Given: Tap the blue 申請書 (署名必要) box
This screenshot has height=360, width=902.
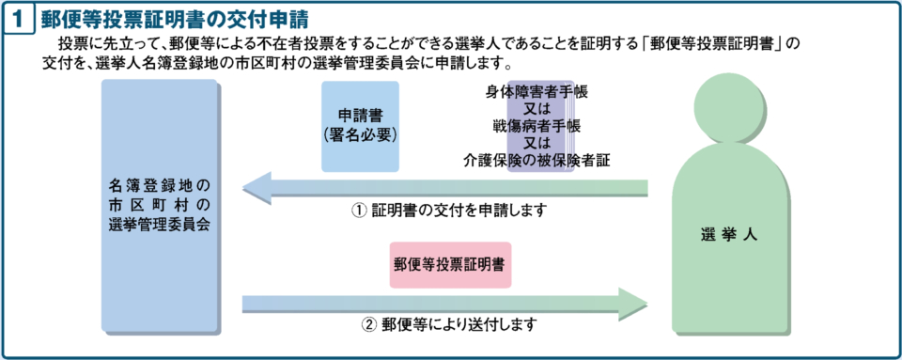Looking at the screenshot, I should (360, 125).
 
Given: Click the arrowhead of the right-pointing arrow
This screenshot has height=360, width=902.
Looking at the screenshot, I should (634, 303).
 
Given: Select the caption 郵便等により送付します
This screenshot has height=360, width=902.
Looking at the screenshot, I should (458, 325).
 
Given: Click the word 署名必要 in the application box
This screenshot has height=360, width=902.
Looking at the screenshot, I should (361, 135).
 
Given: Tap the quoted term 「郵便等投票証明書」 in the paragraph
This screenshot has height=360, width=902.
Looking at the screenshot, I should (701, 44).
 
